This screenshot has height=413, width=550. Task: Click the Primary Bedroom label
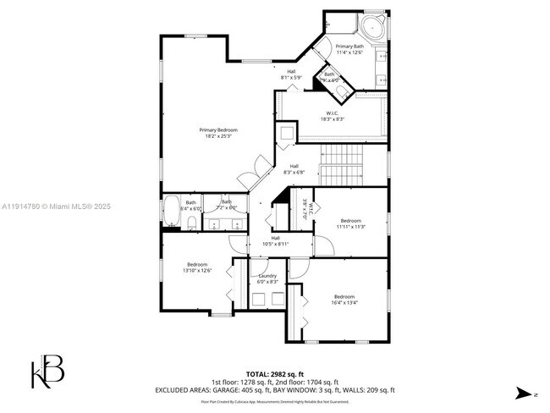pyautogui.click(x=217, y=132)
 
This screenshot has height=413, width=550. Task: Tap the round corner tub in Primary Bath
pyautogui.click(x=373, y=27)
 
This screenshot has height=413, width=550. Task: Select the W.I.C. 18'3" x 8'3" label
pyautogui.click(x=333, y=116)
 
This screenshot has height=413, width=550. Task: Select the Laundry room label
pyautogui.click(x=268, y=278)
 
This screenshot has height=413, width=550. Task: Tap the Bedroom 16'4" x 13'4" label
pyautogui.click(x=344, y=299)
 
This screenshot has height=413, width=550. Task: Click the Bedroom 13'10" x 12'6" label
pyautogui.click(x=198, y=267)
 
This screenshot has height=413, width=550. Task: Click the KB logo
pyautogui.click(x=47, y=372)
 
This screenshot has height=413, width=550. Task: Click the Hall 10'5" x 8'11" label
pyautogui.click(x=275, y=240)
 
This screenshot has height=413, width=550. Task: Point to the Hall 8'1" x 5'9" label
pyautogui.click(x=291, y=74)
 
